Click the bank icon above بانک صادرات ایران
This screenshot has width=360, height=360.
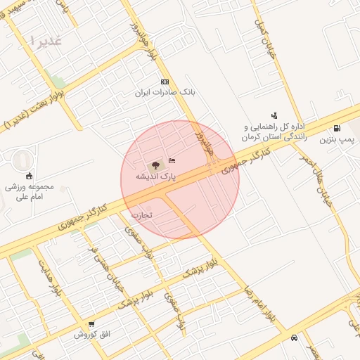[165, 82]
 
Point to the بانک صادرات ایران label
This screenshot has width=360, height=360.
[165, 93]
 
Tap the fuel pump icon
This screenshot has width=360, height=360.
[337, 129]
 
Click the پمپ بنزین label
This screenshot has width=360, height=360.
[335, 139]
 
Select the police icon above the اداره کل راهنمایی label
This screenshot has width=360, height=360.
[274, 115]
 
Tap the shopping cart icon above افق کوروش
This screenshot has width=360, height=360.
[91, 324]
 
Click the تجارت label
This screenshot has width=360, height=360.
[141, 214]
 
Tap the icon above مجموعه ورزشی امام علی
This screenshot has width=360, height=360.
[29, 176]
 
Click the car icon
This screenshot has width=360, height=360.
[293, 337]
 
